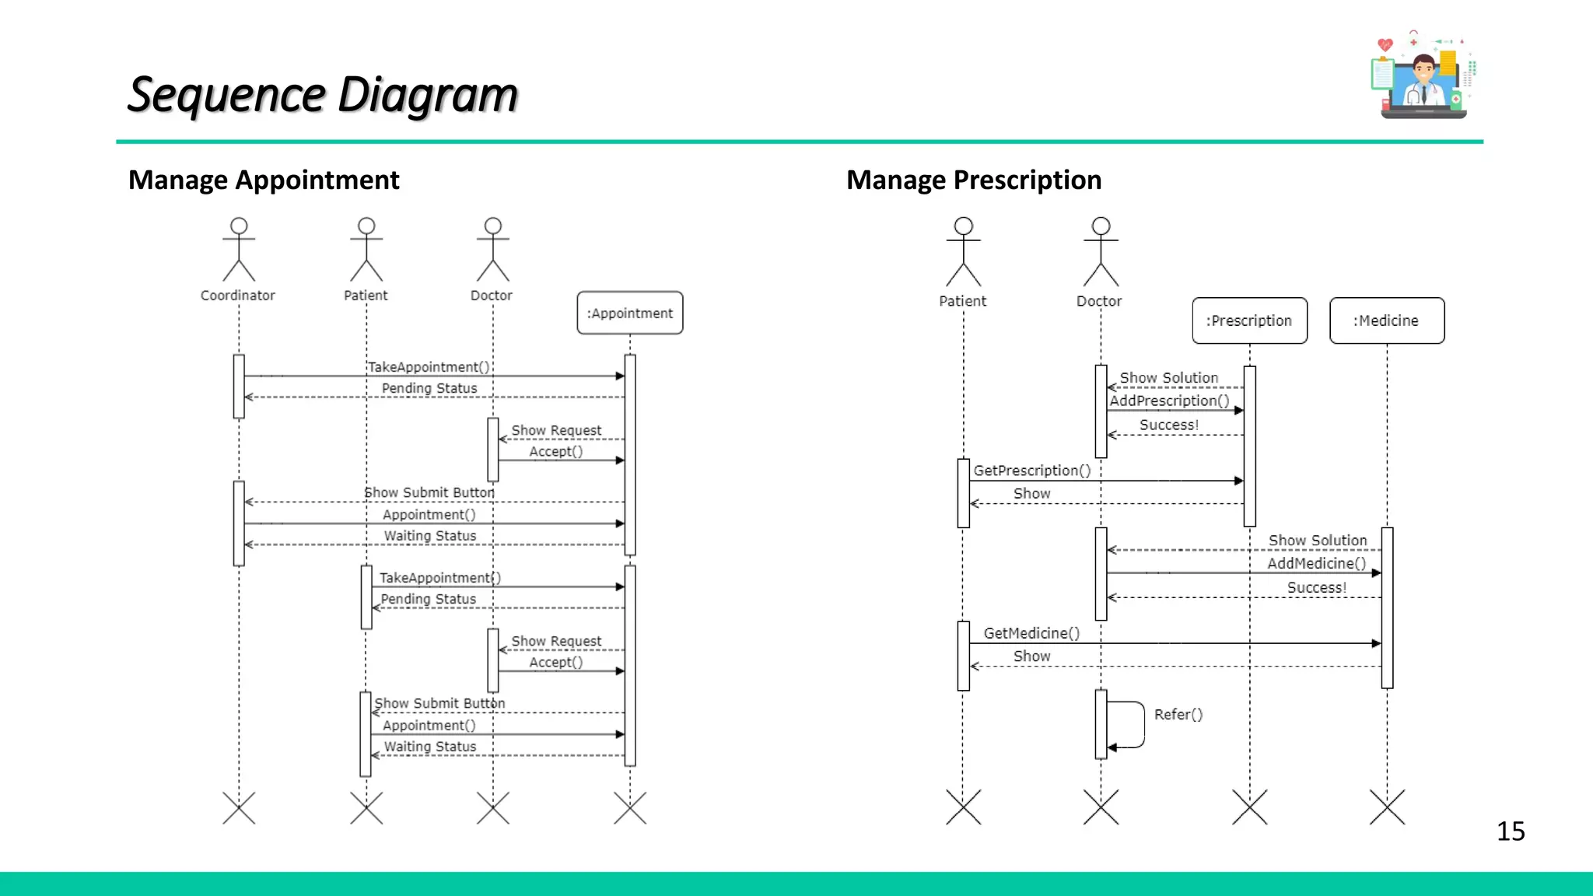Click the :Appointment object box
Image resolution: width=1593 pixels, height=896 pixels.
[629, 313]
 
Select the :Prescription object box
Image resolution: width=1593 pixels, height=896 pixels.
[1249, 320]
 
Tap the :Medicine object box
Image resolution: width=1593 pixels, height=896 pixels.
[1386, 320]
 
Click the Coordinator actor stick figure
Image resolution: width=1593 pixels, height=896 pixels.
[239, 250]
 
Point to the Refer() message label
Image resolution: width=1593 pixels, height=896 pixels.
[1178, 714]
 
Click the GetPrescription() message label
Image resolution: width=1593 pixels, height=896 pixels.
[1031, 471]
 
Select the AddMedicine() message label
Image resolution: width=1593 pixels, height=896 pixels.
[1316, 563]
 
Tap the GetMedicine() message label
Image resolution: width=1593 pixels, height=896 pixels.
[1031, 633]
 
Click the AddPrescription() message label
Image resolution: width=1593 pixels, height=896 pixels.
[1168, 401]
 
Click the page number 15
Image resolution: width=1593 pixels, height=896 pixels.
[1510, 831]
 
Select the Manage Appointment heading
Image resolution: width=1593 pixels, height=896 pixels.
[264, 180]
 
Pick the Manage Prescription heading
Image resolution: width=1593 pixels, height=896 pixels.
[973, 180]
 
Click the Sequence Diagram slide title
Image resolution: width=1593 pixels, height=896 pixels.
[323, 95]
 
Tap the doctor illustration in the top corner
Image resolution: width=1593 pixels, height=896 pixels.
[1422, 76]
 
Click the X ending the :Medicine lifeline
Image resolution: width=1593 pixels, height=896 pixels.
[1387, 807]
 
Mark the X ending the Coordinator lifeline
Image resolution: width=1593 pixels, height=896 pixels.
[239, 807]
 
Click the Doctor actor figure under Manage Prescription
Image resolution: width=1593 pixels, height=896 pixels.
[1101, 252]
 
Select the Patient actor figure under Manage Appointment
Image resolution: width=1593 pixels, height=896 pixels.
[366, 250]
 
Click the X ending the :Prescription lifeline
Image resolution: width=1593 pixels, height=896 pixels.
[1249, 807]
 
